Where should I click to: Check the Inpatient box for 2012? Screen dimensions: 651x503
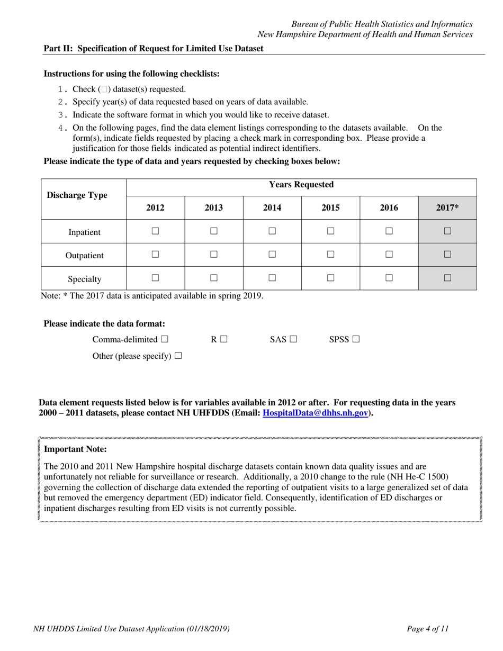pyautogui.click(x=155, y=231)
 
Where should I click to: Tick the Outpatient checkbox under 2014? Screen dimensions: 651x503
pyautogui.click(x=272, y=254)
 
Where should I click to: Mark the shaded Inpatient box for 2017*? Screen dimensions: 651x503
pyautogui.click(x=447, y=231)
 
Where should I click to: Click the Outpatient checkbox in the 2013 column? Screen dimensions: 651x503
pyautogui.click(x=213, y=254)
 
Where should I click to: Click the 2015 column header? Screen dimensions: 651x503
pyautogui.click(x=330, y=208)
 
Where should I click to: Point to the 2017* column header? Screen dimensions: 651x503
pyautogui.click(x=447, y=208)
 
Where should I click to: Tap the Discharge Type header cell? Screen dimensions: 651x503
pyautogui.click(x=77, y=195)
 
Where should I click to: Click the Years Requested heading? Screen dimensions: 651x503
pyautogui.click(x=301, y=185)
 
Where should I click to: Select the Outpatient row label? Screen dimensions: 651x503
pyautogui.click(x=84, y=256)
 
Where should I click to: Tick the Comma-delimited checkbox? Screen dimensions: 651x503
pyautogui.click(x=165, y=339)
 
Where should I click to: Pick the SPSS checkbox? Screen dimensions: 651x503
pyautogui.click(x=355, y=339)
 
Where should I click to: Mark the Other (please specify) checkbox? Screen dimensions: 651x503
pyautogui.click(x=178, y=356)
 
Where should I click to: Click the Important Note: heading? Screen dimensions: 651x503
pyautogui.click(x=75, y=449)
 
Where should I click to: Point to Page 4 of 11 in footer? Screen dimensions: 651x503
pyautogui.click(x=428, y=629)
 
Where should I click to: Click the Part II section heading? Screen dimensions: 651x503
pyautogui.click(x=153, y=48)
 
